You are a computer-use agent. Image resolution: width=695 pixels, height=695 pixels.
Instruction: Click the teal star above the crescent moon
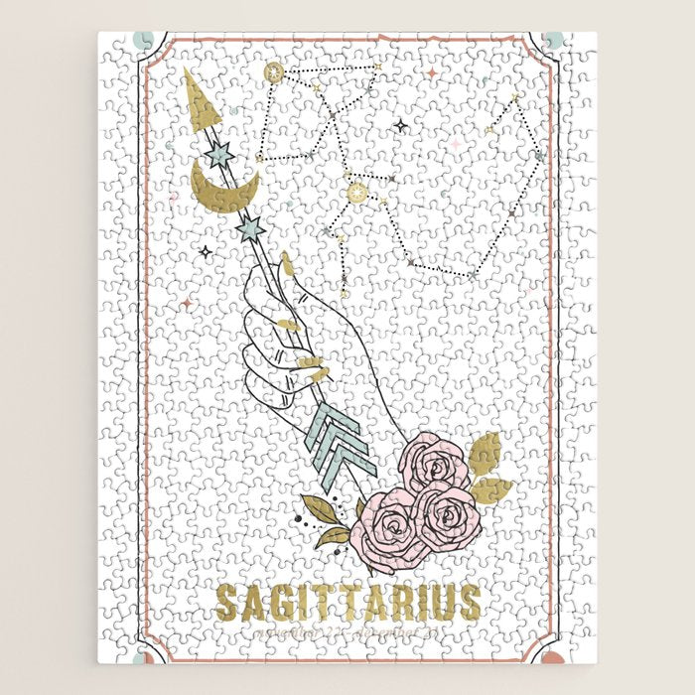click(218, 155)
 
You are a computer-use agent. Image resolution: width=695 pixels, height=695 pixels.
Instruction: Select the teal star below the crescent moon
click(250, 229)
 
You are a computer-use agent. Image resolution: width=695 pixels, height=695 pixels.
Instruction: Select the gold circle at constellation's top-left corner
click(274, 72)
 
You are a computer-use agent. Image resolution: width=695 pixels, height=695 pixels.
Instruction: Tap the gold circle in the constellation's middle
click(355, 188)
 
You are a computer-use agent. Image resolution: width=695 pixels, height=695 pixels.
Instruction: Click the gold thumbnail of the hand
click(289, 265)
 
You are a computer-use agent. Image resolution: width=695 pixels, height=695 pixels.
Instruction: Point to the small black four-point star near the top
click(401, 126)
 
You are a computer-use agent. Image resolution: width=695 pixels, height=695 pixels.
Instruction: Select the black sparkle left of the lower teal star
click(205, 252)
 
